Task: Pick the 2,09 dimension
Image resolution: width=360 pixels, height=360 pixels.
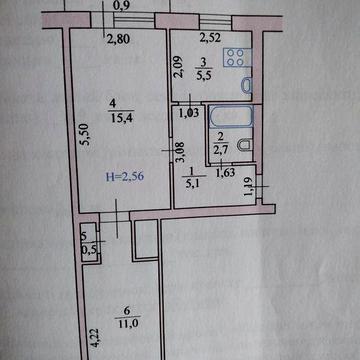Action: [x=178, y=72]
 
